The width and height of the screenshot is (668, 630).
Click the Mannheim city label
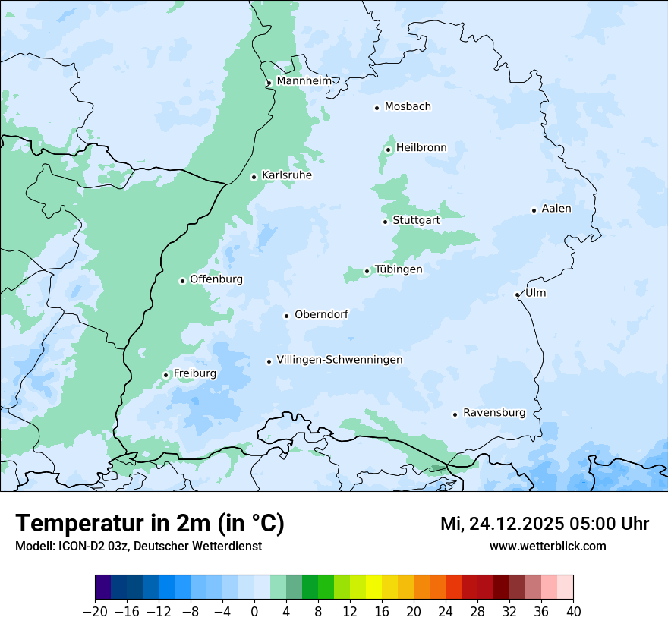click(x=304, y=81)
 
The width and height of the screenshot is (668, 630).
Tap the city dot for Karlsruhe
click(x=254, y=177)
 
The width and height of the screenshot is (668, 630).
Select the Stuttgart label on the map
click(x=416, y=221)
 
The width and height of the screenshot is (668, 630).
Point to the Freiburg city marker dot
click(x=165, y=375)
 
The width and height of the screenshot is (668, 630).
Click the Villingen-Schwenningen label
click(x=339, y=360)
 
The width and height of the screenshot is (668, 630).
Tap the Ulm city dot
click(x=517, y=295)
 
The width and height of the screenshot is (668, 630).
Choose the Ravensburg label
click(x=493, y=413)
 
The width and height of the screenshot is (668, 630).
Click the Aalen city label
click(x=556, y=209)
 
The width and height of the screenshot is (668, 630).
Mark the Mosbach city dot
click(x=377, y=108)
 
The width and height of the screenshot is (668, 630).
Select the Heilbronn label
click(x=421, y=148)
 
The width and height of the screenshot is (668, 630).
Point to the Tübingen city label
click(x=399, y=269)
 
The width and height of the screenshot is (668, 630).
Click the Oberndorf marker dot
click(x=286, y=316)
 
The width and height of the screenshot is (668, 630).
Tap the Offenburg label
click(x=216, y=279)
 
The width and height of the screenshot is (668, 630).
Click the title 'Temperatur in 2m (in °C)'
click(x=150, y=524)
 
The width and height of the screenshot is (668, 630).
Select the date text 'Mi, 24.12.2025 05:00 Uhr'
click(x=544, y=524)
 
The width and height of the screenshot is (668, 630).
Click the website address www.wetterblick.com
click(x=547, y=546)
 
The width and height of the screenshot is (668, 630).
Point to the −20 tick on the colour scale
click(x=95, y=612)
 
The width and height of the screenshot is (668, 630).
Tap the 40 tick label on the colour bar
click(x=573, y=612)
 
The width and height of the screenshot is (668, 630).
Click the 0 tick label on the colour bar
click(x=254, y=612)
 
